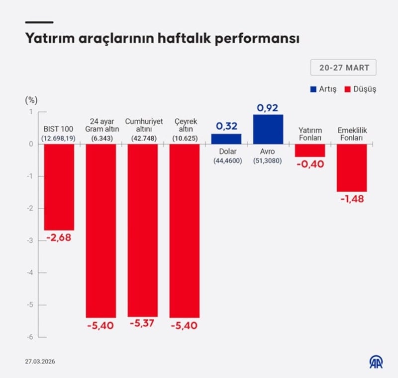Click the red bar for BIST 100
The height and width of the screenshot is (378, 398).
click(59, 187)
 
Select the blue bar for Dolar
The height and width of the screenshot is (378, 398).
click(226, 139)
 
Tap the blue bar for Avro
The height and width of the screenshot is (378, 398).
click(268, 130)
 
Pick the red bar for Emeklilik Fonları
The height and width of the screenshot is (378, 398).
click(352, 168)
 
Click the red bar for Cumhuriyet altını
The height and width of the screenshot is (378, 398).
click(143, 230)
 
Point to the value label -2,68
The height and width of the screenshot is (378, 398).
click(59, 238)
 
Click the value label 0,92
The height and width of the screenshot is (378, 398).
click(268, 107)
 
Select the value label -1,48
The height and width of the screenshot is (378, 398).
click(352, 199)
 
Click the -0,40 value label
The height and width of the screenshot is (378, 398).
click(310, 164)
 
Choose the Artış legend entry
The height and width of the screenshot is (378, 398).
click(323, 89)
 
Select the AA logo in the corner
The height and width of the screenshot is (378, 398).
click(376, 361)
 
